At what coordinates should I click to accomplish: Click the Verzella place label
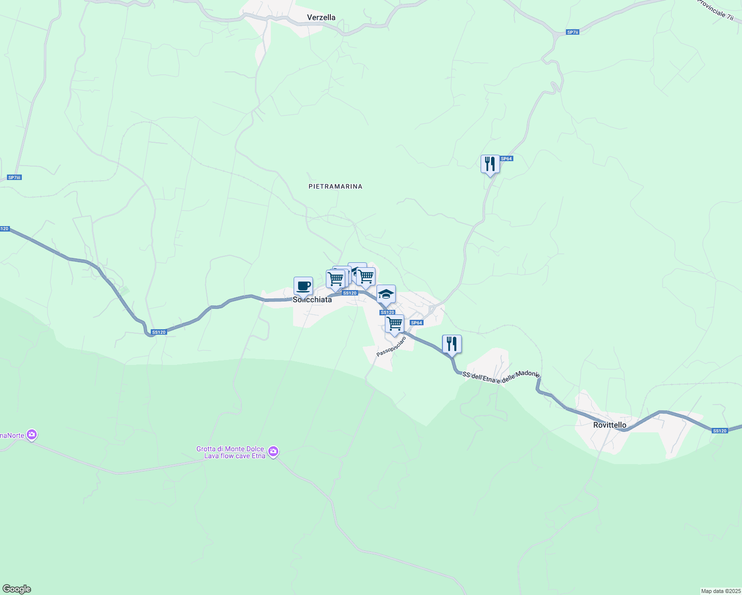(321, 17)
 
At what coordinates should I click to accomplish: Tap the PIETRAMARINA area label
(335, 186)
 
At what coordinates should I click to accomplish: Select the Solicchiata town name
(312, 299)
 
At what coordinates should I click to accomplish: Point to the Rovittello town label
(610, 425)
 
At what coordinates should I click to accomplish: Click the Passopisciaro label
(391, 347)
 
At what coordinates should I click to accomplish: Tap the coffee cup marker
(303, 286)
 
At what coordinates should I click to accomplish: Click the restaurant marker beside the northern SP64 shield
(490, 164)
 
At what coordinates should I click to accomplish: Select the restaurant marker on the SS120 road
(451, 344)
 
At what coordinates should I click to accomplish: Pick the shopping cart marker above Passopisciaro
(394, 324)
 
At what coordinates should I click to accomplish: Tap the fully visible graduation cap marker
(386, 295)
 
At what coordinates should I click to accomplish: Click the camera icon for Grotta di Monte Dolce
(273, 452)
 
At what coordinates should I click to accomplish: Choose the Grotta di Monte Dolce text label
(231, 452)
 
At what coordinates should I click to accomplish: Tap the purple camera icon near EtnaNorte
(32, 435)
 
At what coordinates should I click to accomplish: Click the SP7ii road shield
(572, 32)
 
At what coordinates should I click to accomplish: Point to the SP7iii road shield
(15, 178)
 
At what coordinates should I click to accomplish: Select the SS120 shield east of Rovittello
(719, 431)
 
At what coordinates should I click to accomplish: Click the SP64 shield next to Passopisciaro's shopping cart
(416, 323)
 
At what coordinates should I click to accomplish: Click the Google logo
(16, 589)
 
